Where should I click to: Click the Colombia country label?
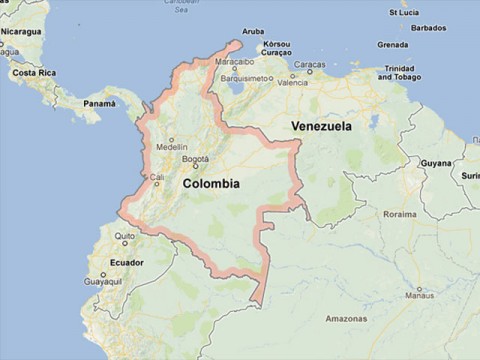click(211, 184)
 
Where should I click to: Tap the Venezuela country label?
click(321, 127)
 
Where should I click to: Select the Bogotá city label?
click(196, 159)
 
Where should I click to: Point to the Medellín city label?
click(172, 146)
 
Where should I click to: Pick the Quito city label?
click(124, 237)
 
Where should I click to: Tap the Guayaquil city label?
click(103, 282)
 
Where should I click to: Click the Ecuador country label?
click(127, 262)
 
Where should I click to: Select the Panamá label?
click(99, 103)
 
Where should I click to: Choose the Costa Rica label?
click(33, 73)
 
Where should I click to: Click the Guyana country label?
click(436, 162)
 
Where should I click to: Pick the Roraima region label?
click(399, 213)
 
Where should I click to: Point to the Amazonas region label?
click(346, 319)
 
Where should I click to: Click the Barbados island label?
click(427, 28)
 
